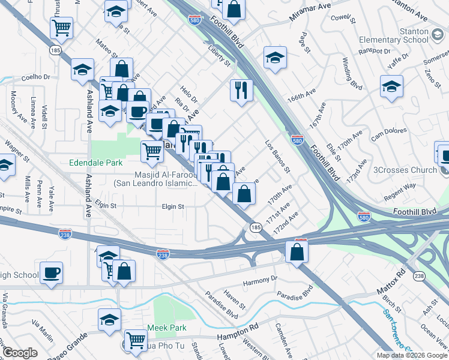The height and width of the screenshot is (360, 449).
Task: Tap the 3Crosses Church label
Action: click(x=405, y=170)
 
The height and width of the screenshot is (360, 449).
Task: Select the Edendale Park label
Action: click(x=96, y=163)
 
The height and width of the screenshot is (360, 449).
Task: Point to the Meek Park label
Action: click(x=167, y=328)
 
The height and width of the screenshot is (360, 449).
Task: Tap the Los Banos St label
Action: click(x=278, y=157)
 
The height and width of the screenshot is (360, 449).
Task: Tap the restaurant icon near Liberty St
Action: click(x=241, y=90)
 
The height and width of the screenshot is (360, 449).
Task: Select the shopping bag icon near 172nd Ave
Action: click(x=297, y=251)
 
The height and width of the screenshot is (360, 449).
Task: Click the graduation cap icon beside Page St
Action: click(x=275, y=57)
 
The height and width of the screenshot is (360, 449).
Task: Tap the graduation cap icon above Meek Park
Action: click(x=109, y=319)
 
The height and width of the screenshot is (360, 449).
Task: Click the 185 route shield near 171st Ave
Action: click(x=255, y=227)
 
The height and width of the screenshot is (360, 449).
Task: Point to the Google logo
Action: click(x=20, y=353)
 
